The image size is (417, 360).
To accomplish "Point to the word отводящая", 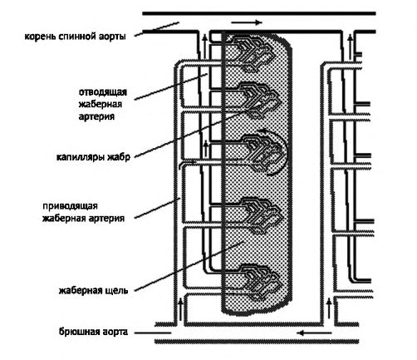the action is (103, 92).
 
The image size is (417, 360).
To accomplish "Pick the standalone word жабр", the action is (119, 157).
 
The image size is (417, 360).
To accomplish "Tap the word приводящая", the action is (70, 206).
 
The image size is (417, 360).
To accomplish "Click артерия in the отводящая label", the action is (96, 116).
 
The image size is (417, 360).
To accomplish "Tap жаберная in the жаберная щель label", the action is (81, 291).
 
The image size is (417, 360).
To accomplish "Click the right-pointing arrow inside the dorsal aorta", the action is (247, 22).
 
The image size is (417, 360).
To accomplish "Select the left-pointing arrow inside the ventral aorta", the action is (314, 333).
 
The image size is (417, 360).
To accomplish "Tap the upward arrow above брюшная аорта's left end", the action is (180, 308).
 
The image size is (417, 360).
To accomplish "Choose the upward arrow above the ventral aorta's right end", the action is (329, 308).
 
